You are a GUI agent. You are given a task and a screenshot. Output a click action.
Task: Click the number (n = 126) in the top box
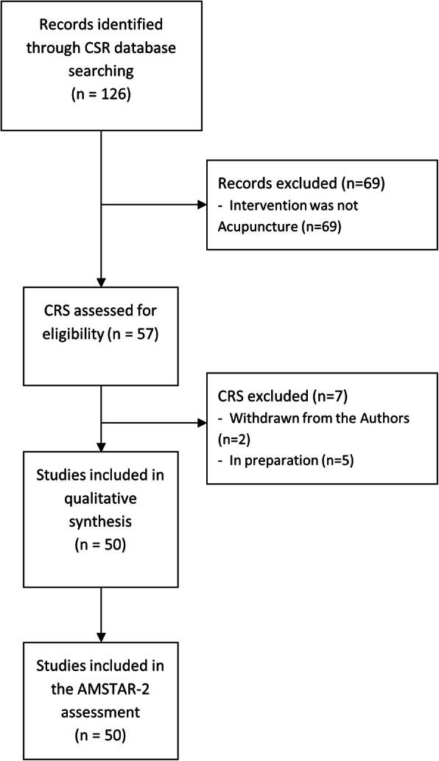99,96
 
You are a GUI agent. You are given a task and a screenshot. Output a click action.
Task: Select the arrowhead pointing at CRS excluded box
203,424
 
